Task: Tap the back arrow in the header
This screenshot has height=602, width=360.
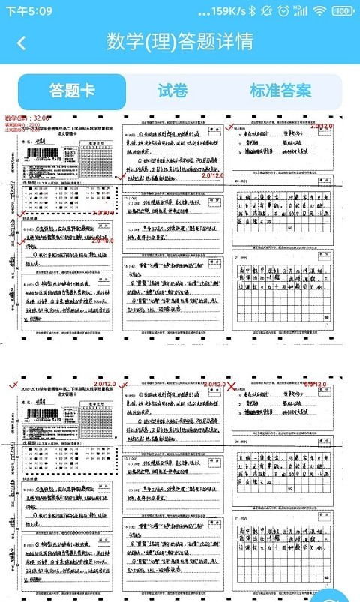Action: tap(21, 43)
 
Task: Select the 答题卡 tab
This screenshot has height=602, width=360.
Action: tap(72, 91)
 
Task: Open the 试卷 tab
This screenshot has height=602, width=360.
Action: tap(172, 91)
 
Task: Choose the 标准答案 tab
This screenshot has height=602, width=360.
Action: tap(280, 91)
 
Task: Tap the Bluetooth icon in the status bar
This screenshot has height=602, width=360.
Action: tap(253, 11)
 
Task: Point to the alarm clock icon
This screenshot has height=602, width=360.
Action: tap(283, 11)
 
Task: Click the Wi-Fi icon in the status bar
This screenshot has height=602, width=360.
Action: tap(319, 11)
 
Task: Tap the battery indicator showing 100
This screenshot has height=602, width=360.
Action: tap(343, 11)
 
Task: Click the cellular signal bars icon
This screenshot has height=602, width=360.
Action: tap(301, 11)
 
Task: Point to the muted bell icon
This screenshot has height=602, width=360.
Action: tap(268, 11)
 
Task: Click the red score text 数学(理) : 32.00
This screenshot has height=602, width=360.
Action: tap(28, 118)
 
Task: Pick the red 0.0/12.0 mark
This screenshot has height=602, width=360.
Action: tap(315, 385)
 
